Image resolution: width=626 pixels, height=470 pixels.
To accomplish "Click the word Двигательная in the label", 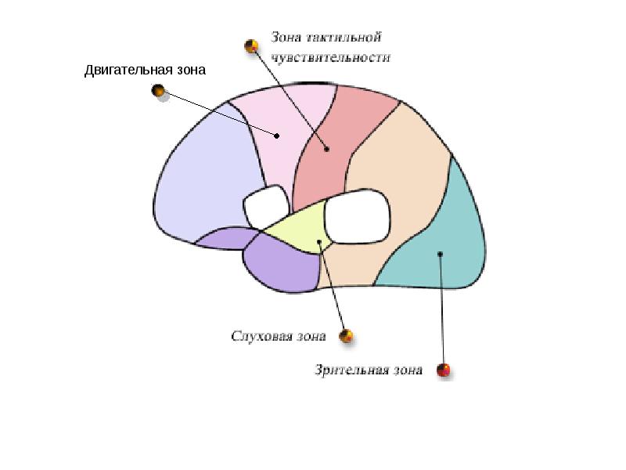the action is (128, 70).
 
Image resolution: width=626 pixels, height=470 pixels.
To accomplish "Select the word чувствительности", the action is (331, 57).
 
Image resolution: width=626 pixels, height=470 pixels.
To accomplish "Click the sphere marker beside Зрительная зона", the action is (443, 370).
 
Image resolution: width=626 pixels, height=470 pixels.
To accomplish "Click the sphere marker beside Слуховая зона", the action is (346, 336).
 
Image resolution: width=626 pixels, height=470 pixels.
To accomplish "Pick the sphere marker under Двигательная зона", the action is (159, 90).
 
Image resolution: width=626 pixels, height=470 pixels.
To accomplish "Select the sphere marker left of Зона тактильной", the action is (251, 46).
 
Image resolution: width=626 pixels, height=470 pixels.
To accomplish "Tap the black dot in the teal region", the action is (440, 254).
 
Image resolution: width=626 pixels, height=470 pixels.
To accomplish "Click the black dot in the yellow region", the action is (319, 241).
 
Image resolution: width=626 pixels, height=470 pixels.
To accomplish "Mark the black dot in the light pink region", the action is (277, 136).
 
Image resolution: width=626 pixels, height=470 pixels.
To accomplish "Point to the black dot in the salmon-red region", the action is (327, 149).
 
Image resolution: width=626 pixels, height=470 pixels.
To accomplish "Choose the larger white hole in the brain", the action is (358, 217).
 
